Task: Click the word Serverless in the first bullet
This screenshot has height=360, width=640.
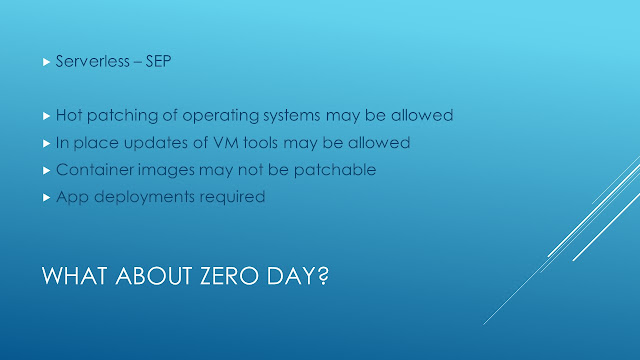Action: pos(93,61)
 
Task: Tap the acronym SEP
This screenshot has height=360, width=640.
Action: pos(158,61)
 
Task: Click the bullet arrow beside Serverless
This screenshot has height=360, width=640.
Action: pos(46,62)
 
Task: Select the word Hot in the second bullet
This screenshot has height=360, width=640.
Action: pos(69,115)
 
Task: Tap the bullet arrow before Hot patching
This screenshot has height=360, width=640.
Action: pos(46,116)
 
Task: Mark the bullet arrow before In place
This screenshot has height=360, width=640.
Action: pos(46,144)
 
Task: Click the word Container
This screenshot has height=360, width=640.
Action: pos(95,169)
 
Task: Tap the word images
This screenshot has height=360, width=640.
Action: pos(166,171)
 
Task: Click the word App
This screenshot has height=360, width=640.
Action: pos(72,198)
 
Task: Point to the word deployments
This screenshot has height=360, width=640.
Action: pos(144,198)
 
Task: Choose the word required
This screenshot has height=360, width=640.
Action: pos(232,198)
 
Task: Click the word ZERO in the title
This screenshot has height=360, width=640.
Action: pos(229,276)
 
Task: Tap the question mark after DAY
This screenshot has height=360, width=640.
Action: pos(323,276)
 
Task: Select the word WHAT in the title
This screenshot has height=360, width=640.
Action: pos(76,276)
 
